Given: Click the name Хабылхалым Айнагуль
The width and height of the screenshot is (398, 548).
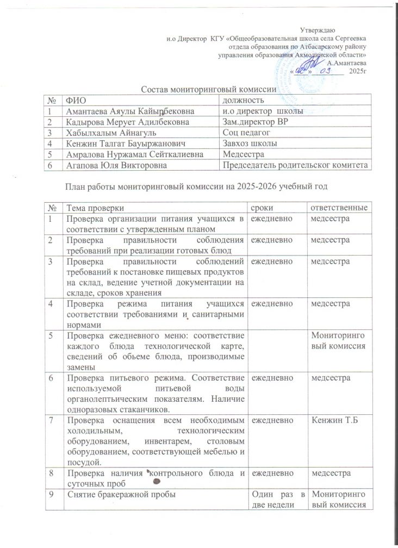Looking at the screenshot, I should [x=103, y=133].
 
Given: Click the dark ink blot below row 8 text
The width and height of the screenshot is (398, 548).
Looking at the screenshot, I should [x=157, y=481].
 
